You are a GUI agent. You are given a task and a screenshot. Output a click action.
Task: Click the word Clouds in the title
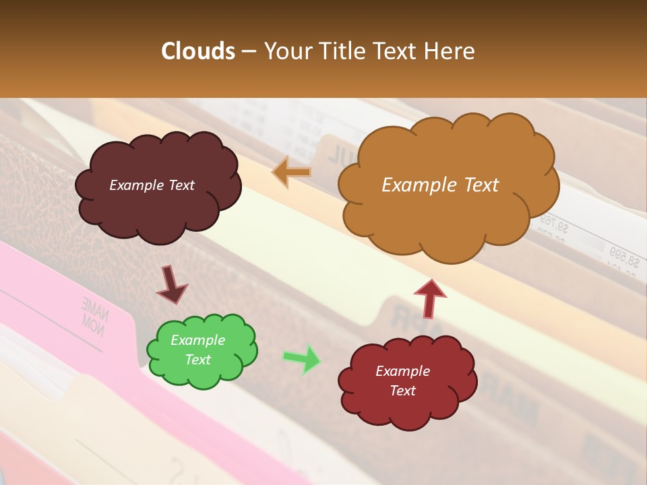(197, 51)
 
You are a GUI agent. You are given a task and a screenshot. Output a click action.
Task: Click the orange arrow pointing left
(291, 172)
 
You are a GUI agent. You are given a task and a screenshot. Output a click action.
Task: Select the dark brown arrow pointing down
(172, 286)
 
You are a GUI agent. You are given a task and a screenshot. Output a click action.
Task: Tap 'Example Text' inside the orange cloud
(440, 185)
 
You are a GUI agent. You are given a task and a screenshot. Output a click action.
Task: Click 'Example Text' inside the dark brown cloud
(152, 185)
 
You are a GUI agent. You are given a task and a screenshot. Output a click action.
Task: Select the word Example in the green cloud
(197, 340)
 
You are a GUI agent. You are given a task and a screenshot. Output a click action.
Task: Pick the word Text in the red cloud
(402, 391)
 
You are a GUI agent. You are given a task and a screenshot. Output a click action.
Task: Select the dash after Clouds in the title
(248, 52)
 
